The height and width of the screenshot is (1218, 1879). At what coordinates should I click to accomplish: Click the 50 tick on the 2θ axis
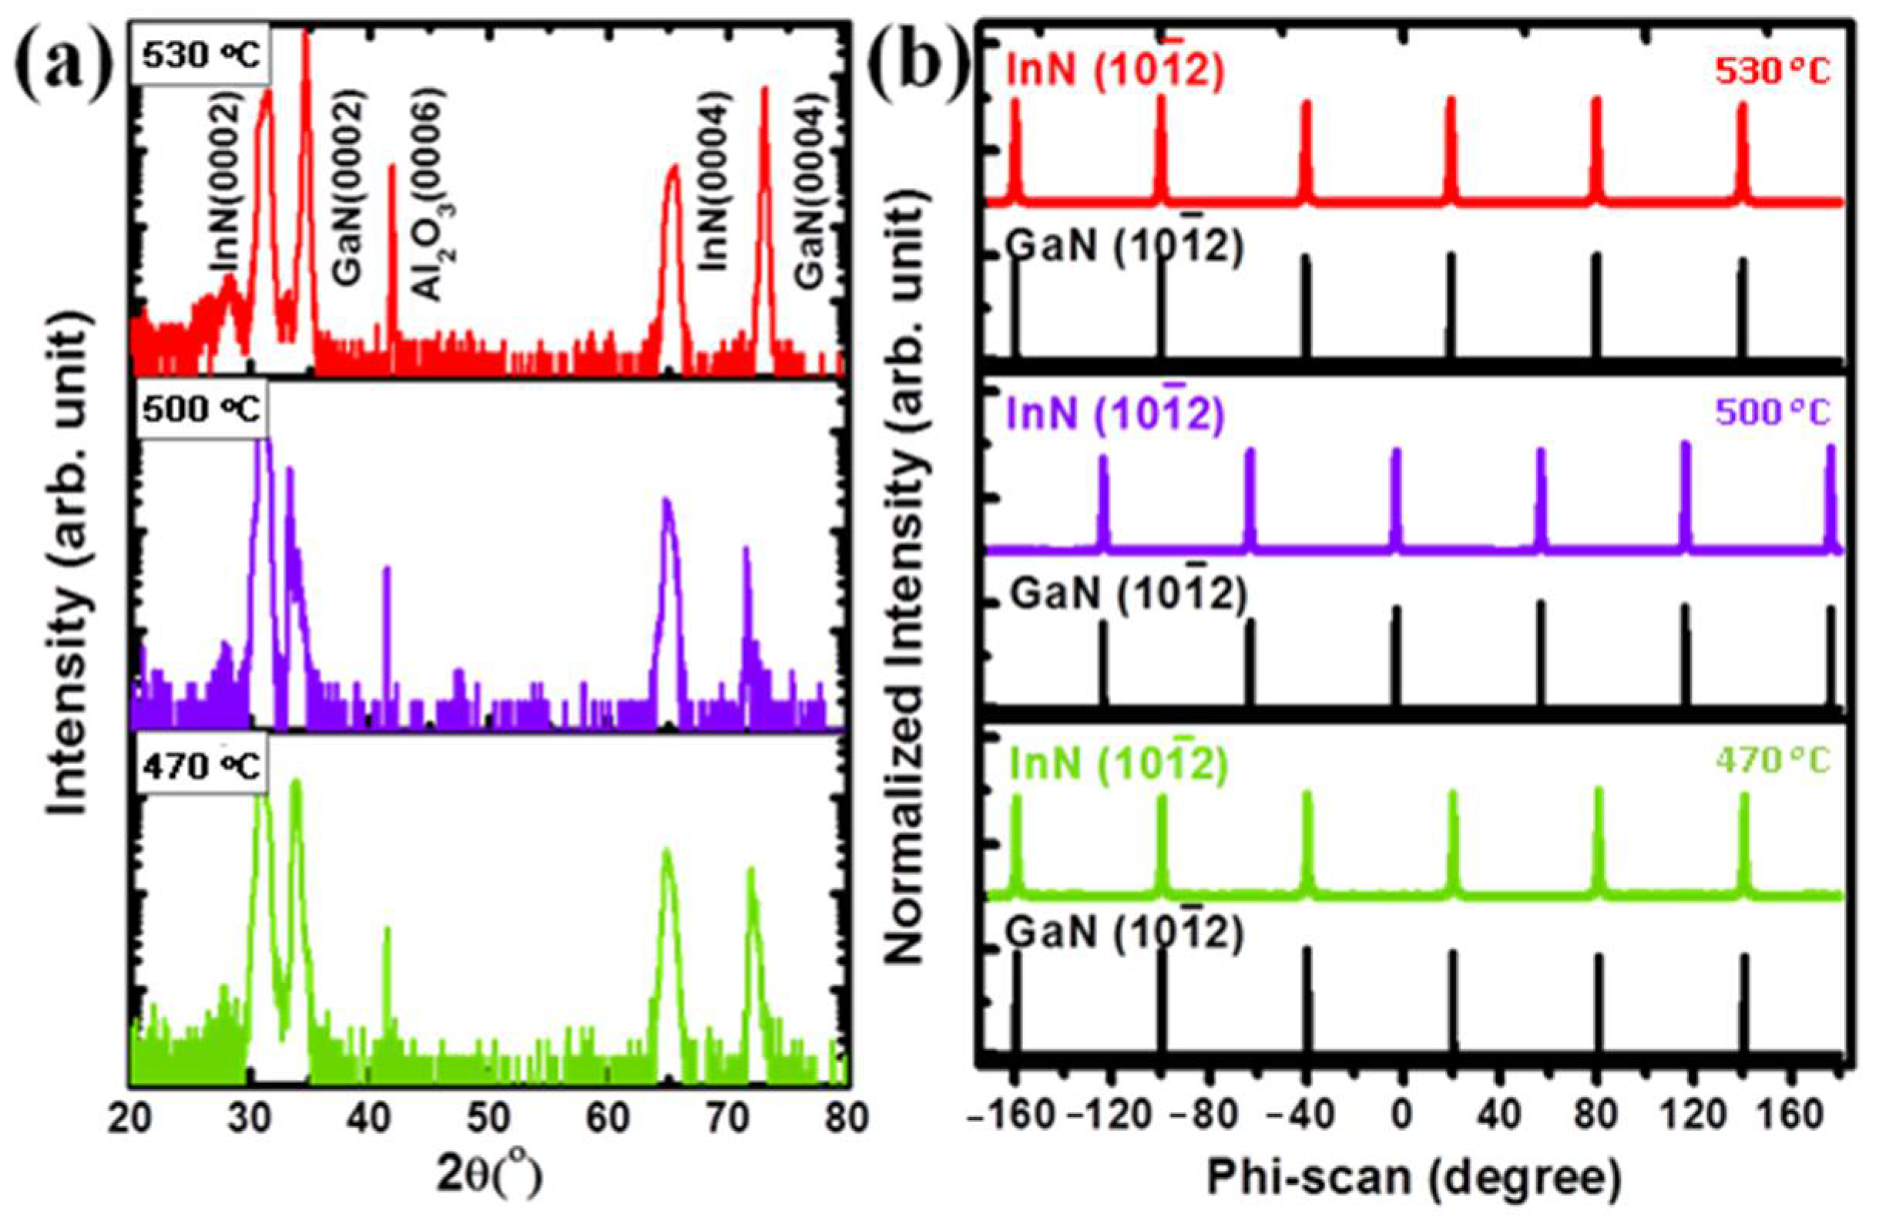point(488,1120)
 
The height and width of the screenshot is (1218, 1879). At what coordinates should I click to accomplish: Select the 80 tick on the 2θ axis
point(843,1120)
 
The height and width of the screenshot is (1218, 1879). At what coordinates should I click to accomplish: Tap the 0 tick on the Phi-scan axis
point(1402,1120)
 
